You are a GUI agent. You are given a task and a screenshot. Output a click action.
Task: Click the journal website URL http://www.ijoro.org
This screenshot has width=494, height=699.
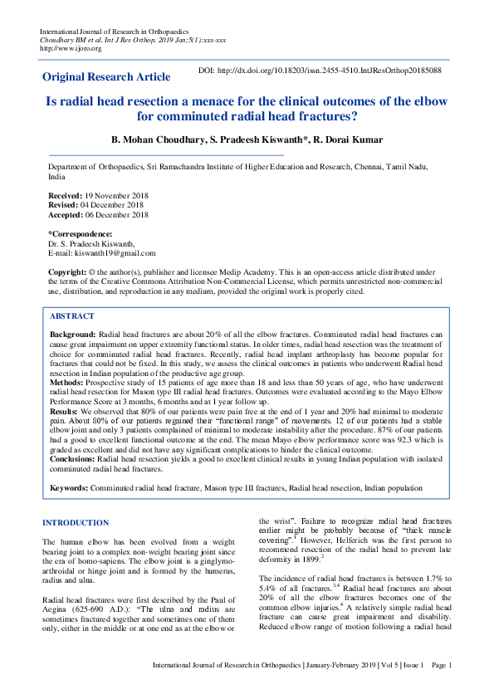point(71,49)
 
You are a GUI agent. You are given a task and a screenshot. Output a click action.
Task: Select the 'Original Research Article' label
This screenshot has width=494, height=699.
point(106,77)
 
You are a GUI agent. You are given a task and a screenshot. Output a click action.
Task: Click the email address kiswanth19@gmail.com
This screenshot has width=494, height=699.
point(115,254)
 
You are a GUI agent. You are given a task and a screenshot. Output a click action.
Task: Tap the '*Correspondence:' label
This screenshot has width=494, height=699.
point(80,234)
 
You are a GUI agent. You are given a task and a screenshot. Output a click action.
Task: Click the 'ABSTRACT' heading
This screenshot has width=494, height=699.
point(71,316)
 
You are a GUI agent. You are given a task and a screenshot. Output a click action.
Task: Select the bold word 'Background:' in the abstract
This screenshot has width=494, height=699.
point(72,333)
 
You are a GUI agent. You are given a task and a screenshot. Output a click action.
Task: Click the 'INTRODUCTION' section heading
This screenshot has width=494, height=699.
point(75,523)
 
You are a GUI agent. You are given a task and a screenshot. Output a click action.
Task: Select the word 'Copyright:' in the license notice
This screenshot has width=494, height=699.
point(67,272)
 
